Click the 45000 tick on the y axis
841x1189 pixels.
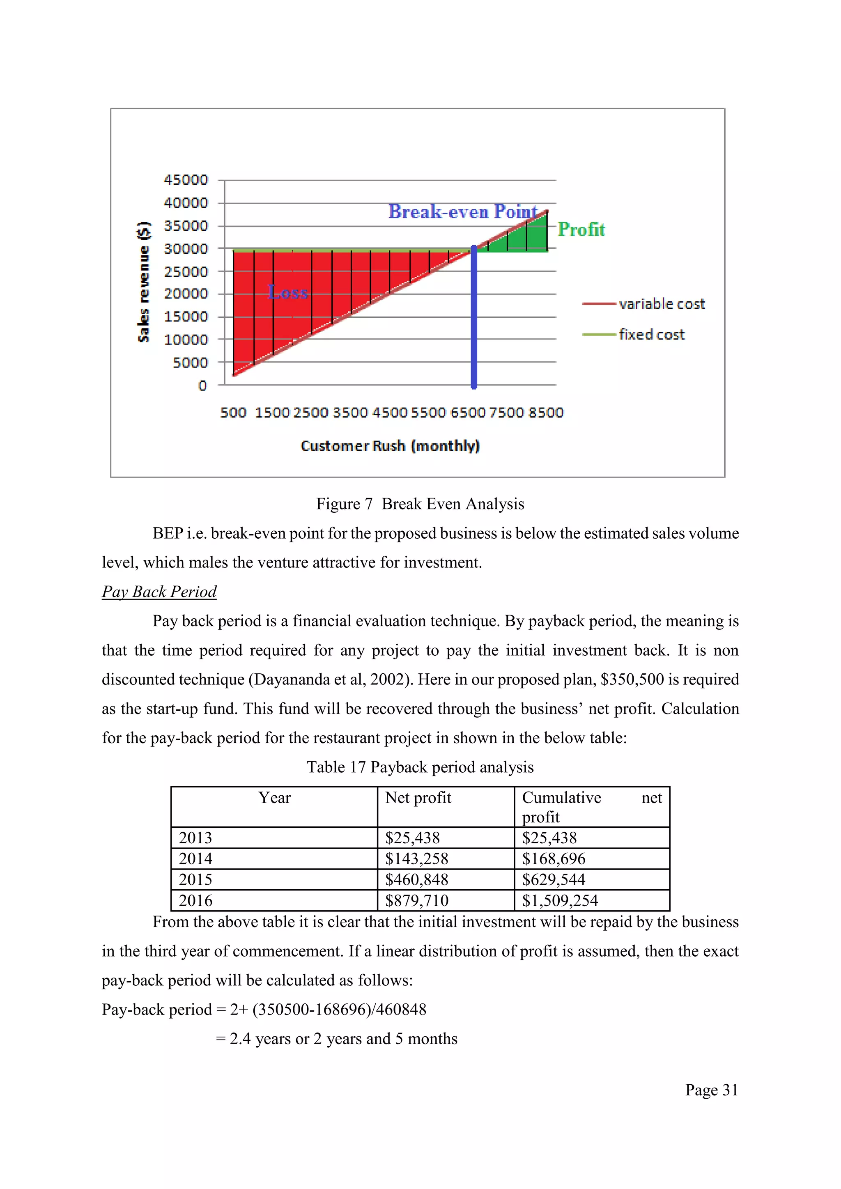click(x=185, y=180)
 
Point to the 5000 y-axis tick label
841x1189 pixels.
click(x=190, y=363)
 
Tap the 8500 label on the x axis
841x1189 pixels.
click(x=546, y=413)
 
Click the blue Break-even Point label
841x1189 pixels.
click(x=463, y=212)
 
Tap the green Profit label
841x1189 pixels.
click(x=581, y=230)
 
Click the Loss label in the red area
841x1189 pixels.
click(x=288, y=293)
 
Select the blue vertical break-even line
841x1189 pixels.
click(x=474, y=321)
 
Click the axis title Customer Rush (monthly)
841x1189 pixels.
click(x=390, y=446)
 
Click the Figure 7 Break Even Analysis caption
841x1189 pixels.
click(x=420, y=504)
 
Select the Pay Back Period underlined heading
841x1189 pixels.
click(x=159, y=591)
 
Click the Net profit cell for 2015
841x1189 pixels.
click(x=416, y=879)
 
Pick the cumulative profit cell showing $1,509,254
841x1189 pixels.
click(x=560, y=900)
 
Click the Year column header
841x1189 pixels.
click(x=274, y=797)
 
